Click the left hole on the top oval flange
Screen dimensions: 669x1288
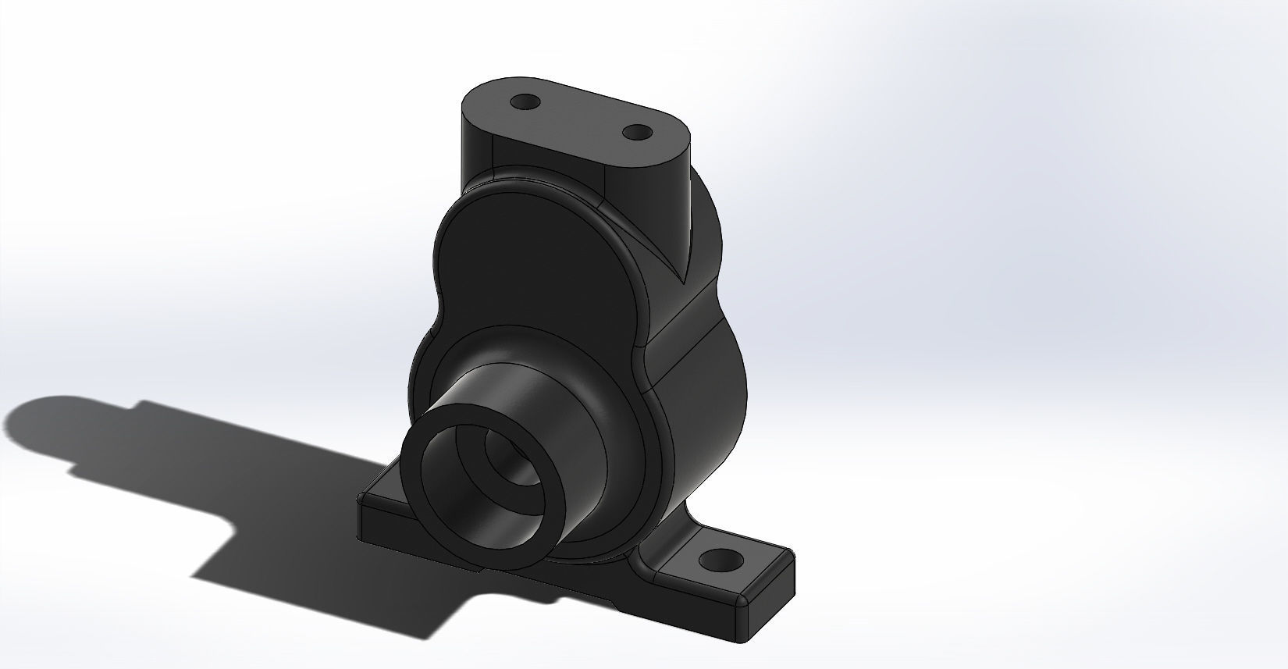(x=527, y=102)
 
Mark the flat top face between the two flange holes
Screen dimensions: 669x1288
(x=582, y=117)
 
